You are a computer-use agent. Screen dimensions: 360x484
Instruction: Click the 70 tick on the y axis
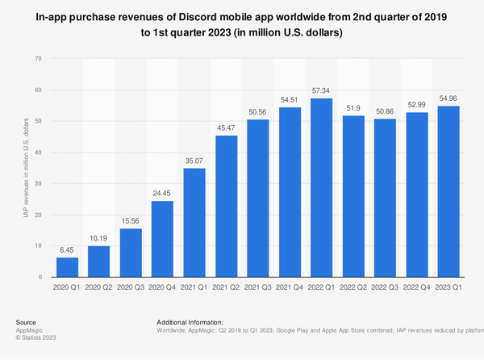[x=39, y=59]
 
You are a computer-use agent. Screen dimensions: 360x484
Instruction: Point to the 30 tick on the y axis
[x=39, y=183]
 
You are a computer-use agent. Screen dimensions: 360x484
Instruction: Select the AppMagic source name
[x=30, y=330]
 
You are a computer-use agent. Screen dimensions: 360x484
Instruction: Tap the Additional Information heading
[x=190, y=322]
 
